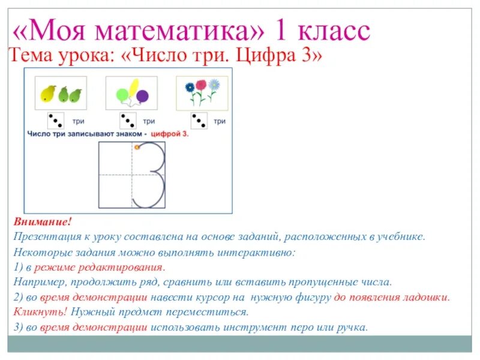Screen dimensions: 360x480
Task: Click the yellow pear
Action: (47, 94)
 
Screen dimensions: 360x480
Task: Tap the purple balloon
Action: (142, 97)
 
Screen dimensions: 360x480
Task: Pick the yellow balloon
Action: (133, 86)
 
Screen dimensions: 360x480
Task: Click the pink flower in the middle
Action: (201, 86)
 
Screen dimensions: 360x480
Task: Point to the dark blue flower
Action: (190, 88)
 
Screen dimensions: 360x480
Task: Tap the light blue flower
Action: (214, 85)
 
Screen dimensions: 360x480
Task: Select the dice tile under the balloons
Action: (127, 121)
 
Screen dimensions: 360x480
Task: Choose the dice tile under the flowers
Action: (199, 121)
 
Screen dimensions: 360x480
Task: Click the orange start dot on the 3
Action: (137, 146)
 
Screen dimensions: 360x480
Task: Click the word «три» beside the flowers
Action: (220, 121)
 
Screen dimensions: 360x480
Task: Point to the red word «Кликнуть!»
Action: (35, 313)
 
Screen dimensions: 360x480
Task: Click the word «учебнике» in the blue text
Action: (401, 237)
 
